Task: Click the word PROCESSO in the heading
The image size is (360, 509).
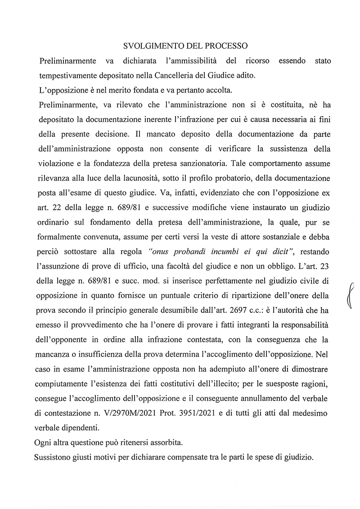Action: [226, 46]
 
